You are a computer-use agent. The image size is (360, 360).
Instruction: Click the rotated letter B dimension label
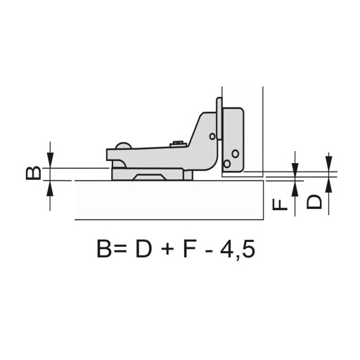tap(34, 173)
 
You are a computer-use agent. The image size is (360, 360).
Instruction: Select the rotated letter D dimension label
tap(314, 201)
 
